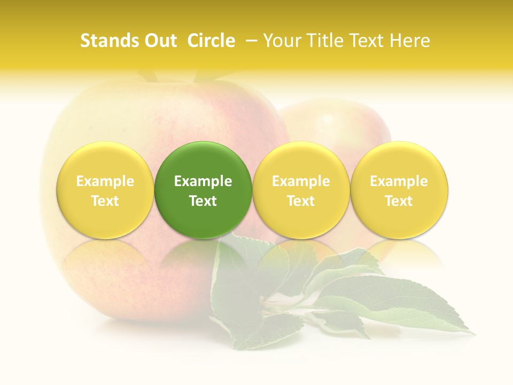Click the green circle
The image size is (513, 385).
(x=203, y=190)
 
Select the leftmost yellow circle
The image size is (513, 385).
(x=105, y=190)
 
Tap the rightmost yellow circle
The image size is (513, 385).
(x=399, y=190)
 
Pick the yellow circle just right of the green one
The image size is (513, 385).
(x=301, y=190)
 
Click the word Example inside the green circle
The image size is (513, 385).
(x=203, y=181)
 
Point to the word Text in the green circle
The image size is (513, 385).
(x=203, y=201)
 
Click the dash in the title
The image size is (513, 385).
(x=251, y=41)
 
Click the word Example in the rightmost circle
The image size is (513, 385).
(x=399, y=181)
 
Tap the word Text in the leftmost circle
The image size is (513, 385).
(x=105, y=201)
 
